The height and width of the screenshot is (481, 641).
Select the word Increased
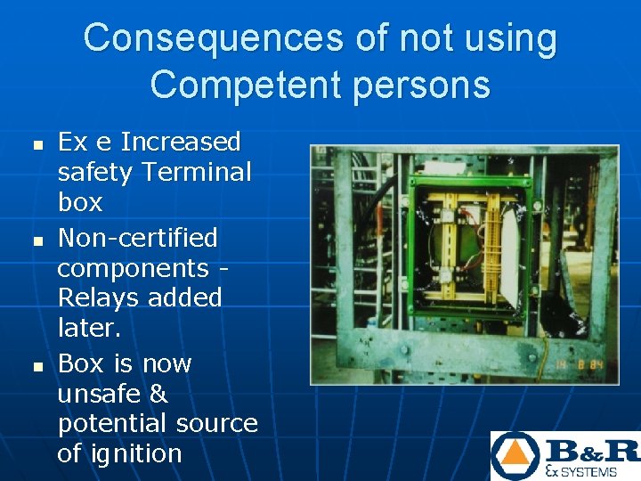(x=181, y=142)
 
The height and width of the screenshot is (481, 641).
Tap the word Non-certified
(x=137, y=238)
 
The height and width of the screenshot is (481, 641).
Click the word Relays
(x=94, y=298)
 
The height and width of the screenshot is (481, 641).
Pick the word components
(x=133, y=268)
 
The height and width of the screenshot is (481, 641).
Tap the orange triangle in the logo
(x=515, y=455)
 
